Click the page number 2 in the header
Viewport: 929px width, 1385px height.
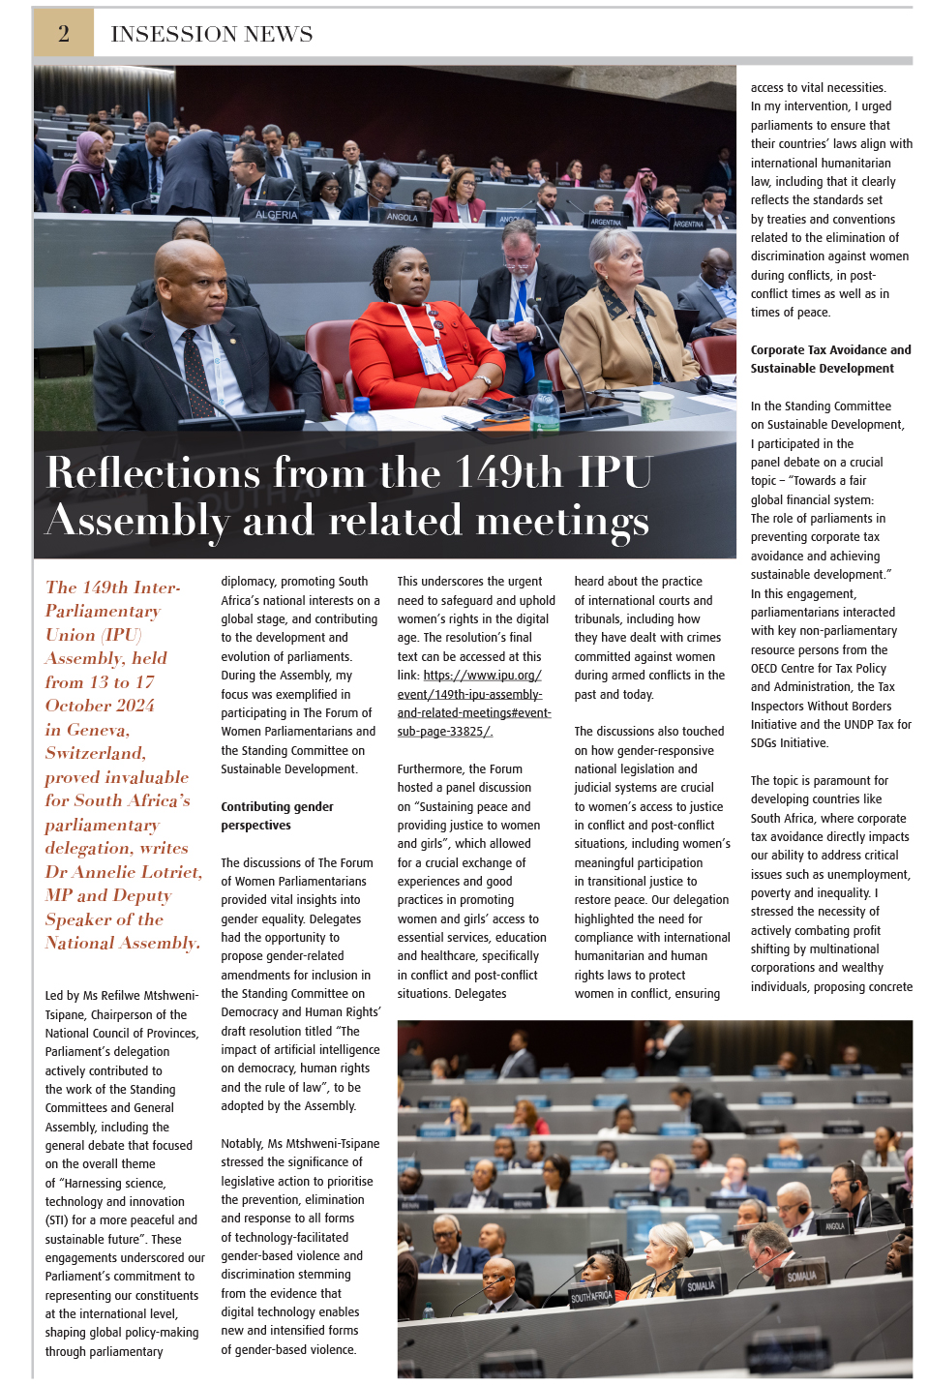point(64,34)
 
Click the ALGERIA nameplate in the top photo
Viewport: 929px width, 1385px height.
point(276,215)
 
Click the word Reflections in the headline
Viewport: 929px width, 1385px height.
point(153,472)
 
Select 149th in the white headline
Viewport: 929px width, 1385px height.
point(508,472)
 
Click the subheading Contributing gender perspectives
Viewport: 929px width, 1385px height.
point(277,816)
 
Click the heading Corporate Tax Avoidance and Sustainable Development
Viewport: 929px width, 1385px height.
point(830,359)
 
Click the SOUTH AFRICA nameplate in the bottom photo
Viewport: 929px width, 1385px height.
point(591,1296)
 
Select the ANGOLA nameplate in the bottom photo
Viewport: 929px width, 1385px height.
point(834,1226)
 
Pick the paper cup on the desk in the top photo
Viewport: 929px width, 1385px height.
point(655,406)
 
